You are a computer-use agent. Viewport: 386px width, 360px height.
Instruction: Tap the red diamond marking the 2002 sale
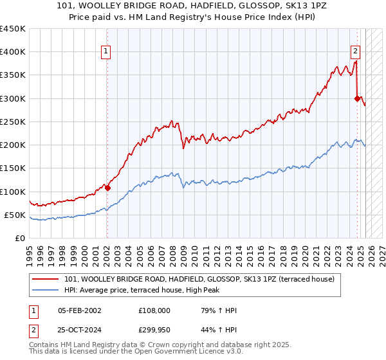[x=107, y=188]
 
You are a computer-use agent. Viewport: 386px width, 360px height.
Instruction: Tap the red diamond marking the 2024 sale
[x=357, y=98]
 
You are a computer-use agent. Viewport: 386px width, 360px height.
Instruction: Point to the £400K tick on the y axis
[x=12, y=52]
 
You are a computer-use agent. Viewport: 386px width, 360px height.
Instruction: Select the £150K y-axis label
[x=12, y=168]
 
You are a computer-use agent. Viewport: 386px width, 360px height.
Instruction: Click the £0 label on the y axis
[x=20, y=238]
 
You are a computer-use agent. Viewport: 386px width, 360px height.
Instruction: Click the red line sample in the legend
[x=47, y=280]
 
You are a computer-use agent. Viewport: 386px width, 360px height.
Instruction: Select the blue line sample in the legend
[x=47, y=290]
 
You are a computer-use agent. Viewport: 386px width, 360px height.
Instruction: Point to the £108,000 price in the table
[x=154, y=310]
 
